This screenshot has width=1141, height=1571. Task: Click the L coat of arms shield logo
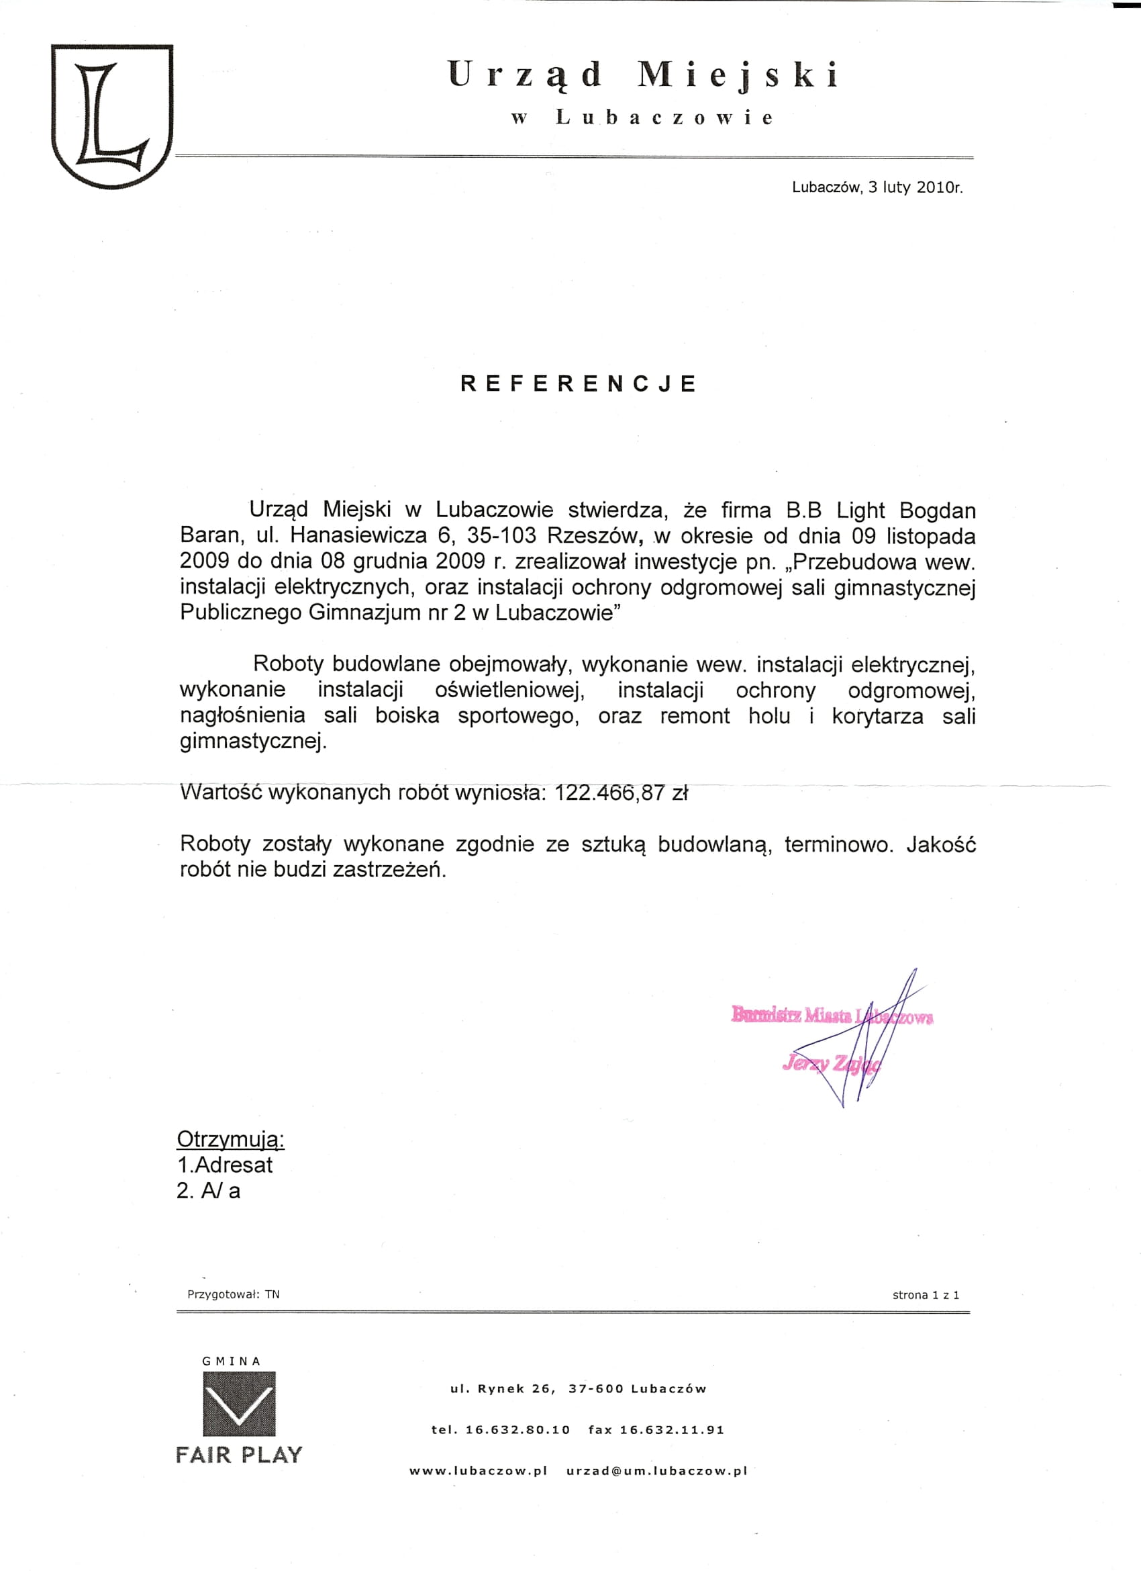(112, 116)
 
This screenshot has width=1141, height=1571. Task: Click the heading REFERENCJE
(578, 384)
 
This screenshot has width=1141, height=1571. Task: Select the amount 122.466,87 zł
(621, 793)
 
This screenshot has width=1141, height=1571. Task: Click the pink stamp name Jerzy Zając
(831, 1063)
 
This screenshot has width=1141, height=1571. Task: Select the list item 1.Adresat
(225, 1165)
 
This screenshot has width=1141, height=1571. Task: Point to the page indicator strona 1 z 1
(926, 1295)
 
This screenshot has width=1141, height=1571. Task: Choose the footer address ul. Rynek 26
(503, 1389)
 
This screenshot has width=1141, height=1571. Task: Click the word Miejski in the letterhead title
(738, 75)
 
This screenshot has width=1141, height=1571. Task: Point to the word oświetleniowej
(509, 690)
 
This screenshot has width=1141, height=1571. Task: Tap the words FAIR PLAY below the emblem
(239, 1455)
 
